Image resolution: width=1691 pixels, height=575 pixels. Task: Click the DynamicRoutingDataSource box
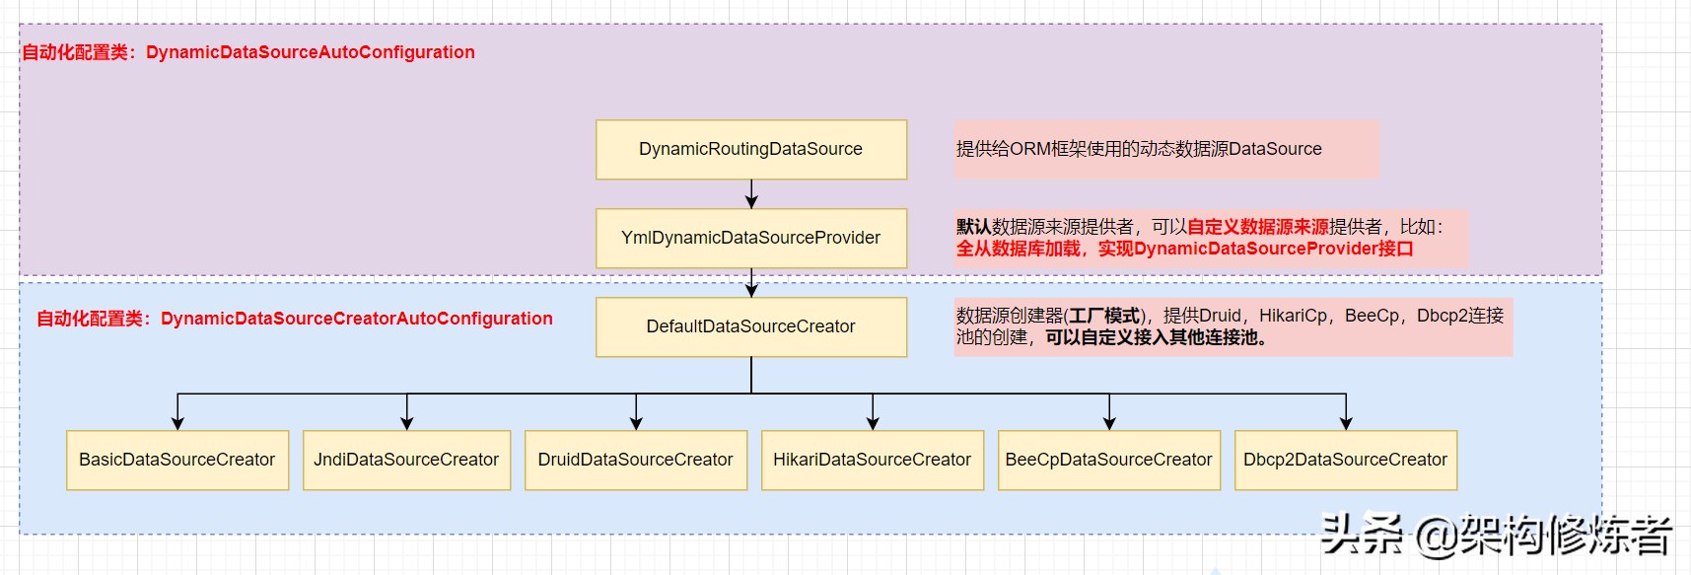[750, 149]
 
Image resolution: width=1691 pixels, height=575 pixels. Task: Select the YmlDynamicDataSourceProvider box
[750, 238]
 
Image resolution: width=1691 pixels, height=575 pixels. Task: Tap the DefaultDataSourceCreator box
[750, 326]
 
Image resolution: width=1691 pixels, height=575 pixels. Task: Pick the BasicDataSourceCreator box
[177, 460]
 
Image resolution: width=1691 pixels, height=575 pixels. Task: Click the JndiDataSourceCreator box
[406, 460]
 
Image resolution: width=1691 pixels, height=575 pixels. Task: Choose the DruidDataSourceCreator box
[636, 460]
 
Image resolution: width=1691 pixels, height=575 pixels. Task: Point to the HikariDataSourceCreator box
[873, 460]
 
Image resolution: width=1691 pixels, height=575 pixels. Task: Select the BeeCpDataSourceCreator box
[1109, 460]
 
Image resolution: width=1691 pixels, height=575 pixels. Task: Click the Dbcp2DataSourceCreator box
[1346, 460]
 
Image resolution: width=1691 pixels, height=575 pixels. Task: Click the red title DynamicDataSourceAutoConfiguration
[310, 52]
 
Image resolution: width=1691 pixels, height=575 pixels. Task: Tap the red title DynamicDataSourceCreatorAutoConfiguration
[356, 319]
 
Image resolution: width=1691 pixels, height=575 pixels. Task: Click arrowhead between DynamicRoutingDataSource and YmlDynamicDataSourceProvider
[751, 201]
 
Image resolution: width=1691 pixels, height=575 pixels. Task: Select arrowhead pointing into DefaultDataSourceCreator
[751, 290]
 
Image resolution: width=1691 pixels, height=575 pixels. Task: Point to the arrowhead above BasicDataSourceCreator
[177, 423]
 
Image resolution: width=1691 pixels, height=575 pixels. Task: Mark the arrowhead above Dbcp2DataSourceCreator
[1346, 423]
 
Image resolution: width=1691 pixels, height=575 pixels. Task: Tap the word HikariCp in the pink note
[1293, 316]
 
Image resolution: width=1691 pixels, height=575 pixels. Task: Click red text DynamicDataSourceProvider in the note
[1255, 249]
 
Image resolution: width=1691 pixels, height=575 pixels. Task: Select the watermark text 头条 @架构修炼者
[1496, 536]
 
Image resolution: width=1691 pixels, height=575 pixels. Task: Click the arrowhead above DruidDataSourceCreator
[636, 423]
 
